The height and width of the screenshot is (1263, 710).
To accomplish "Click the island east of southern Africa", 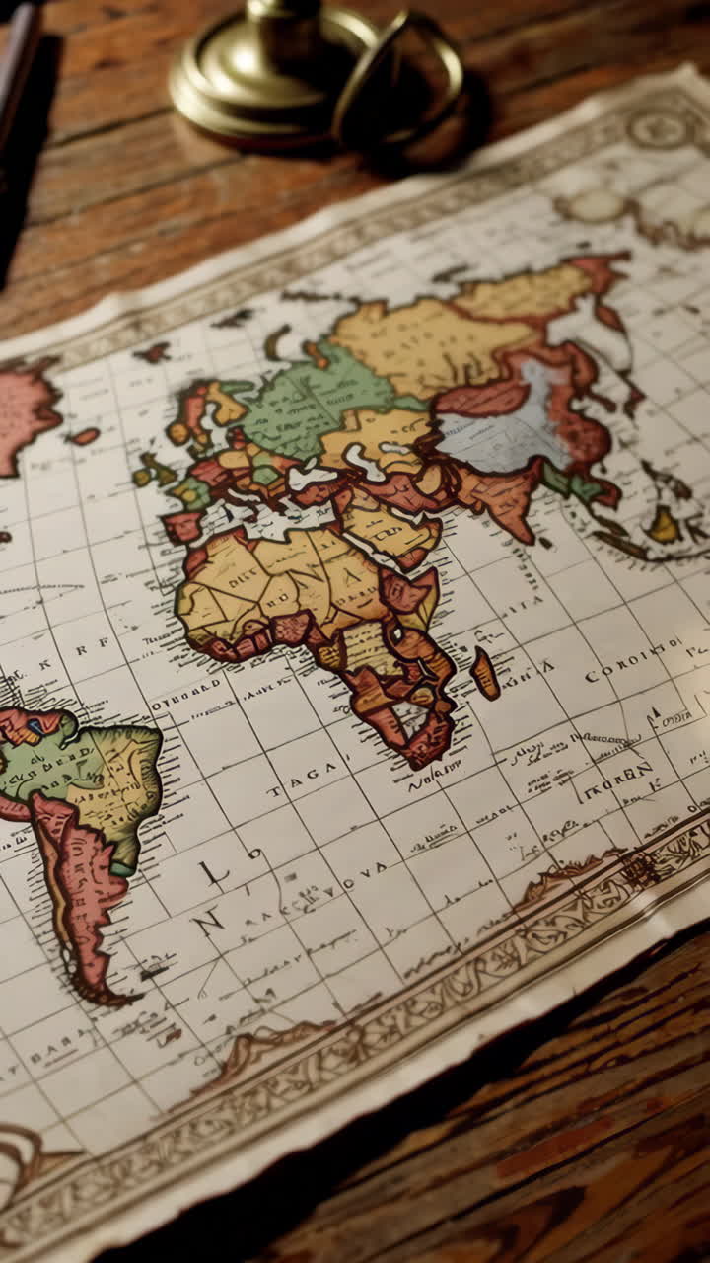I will (x=484, y=674).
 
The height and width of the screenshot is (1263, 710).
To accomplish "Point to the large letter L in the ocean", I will (x=212, y=872).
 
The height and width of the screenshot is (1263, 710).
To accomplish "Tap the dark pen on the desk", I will (x=20, y=79).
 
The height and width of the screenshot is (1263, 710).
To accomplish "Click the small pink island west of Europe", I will (x=85, y=435).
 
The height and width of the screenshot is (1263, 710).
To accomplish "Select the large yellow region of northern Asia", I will (x=424, y=335).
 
